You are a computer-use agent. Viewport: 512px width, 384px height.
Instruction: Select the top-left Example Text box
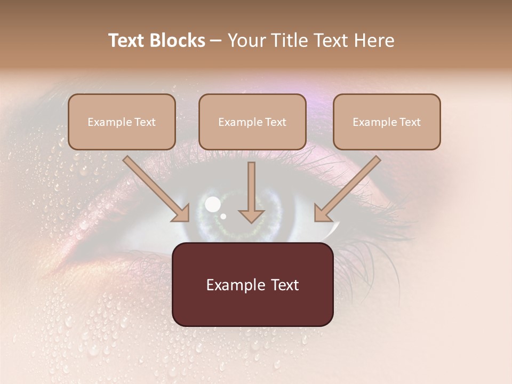pos(122,122)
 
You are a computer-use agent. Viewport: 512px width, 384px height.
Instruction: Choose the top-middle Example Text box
pos(252,122)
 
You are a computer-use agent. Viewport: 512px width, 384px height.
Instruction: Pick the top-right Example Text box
pos(387,122)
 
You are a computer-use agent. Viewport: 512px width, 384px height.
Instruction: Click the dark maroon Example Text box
pos(253,284)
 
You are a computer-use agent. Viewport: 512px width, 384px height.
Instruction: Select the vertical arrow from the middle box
pos(251,192)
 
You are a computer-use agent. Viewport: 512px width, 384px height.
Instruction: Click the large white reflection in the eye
pos(213,203)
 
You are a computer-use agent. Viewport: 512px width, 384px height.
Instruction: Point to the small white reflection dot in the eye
pos(223,216)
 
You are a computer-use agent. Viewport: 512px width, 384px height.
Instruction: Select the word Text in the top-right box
pos(410,122)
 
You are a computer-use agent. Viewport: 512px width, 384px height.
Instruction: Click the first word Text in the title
pos(127,41)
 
